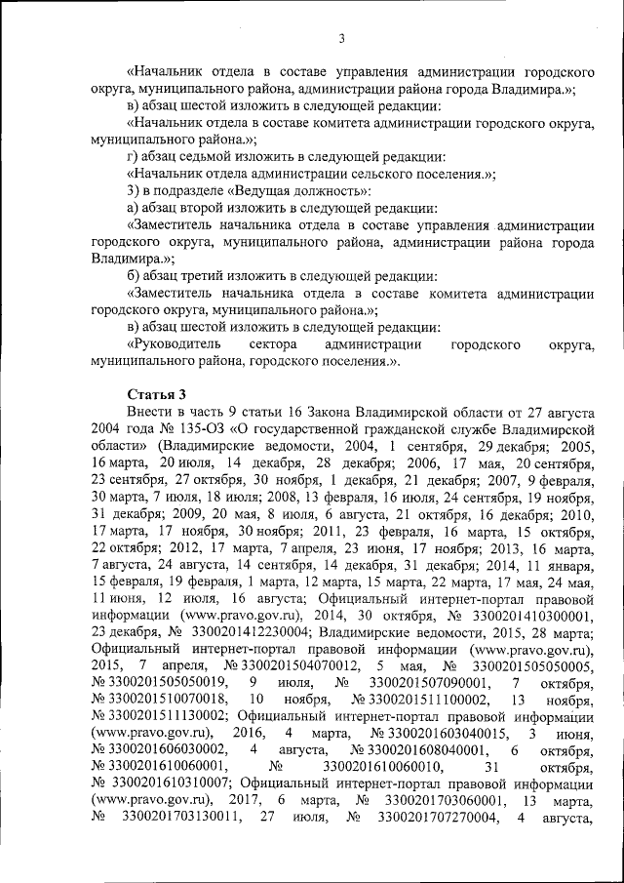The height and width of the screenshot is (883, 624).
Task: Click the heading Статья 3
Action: (155, 393)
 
